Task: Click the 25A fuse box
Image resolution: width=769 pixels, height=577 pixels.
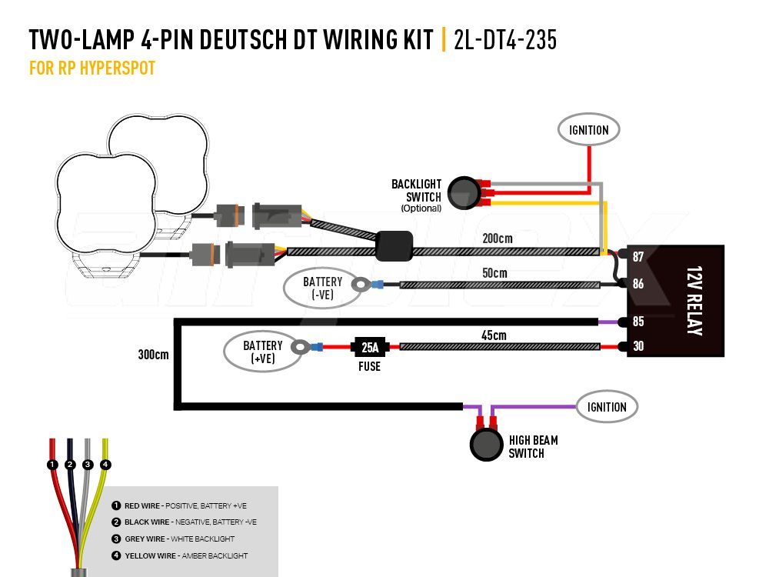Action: [x=370, y=347]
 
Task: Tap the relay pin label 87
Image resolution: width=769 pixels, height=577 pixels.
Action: [x=638, y=257]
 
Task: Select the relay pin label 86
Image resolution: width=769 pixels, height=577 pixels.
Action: [x=638, y=284]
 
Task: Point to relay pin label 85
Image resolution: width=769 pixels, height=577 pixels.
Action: [x=638, y=322]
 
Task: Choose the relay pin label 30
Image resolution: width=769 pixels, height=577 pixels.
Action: [x=638, y=347]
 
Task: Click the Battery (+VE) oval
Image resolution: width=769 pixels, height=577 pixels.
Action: [x=262, y=352]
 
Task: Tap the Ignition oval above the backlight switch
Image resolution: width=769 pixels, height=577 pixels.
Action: [x=588, y=130]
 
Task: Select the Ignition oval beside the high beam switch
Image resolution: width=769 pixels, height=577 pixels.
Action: [x=608, y=407]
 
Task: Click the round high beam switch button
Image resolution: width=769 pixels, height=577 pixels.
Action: [x=485, y=445]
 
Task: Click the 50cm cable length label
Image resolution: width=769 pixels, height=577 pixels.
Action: [x=494, y=273]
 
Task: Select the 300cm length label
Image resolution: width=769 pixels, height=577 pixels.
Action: [x=153, y=355]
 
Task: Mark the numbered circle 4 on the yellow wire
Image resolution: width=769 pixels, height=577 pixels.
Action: [x=105, y=465]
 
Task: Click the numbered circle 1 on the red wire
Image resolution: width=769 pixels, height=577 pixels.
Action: [x=52, y=465]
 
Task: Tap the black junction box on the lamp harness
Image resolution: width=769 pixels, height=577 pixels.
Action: [x=394, y=246]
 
